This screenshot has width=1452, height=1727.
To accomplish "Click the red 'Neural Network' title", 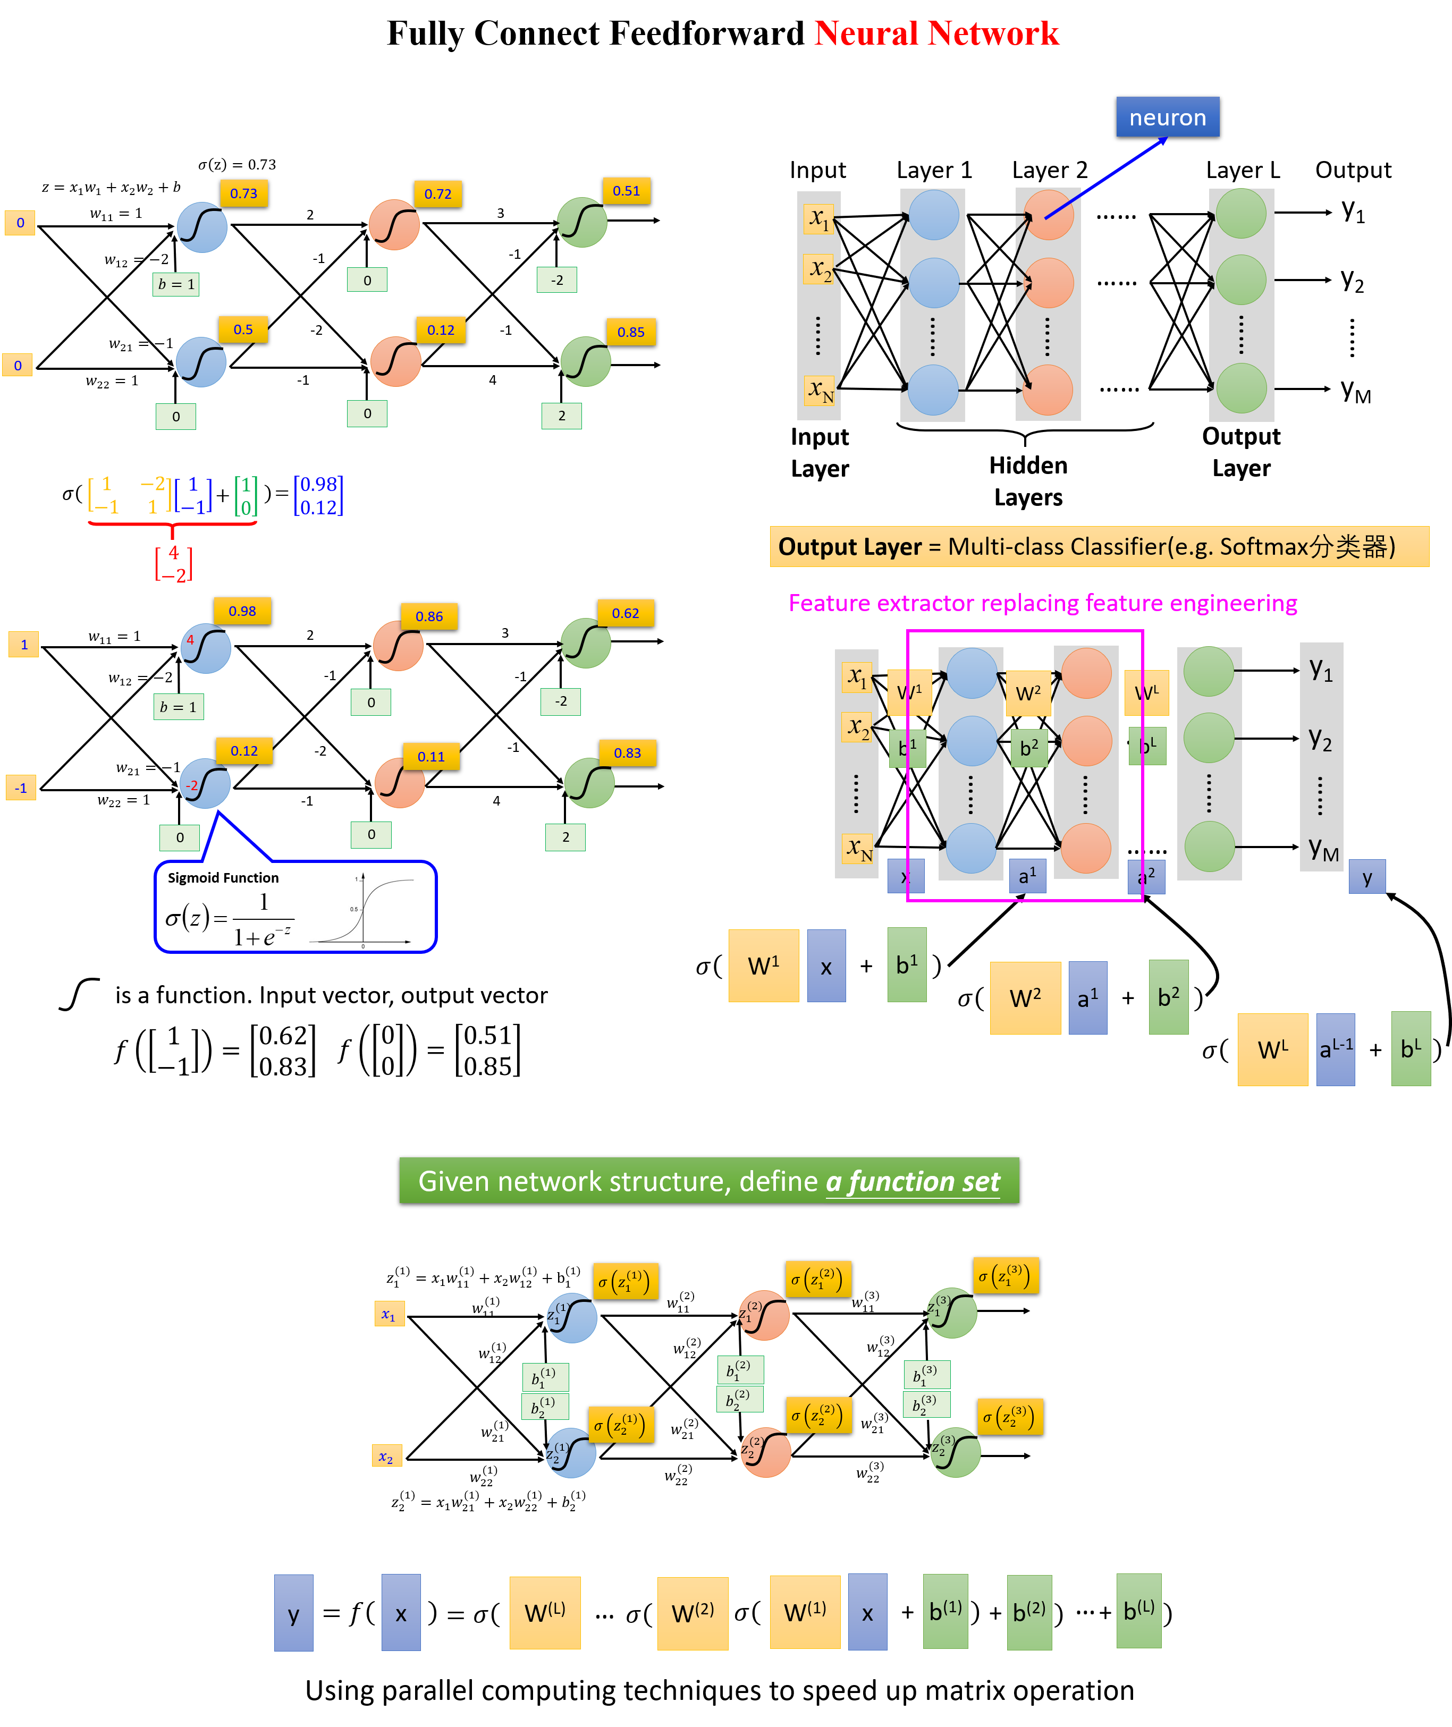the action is pyautogui.click(x=936, y=33).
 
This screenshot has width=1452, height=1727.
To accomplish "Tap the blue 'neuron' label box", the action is pyautogui.click(x=1167, y=117).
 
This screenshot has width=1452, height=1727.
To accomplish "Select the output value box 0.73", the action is pyautogui.click(x=243, y=193).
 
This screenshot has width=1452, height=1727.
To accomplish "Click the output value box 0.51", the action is pyautogui.click(x=627, y=191).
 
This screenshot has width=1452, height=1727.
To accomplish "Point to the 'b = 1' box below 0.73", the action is pyautogui.click(x=176, y=284).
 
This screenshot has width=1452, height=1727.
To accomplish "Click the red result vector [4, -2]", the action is pyautogui.click(x=174, y=564).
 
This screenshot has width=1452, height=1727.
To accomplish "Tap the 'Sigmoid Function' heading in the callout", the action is pyautogui.click(x=223, y=878).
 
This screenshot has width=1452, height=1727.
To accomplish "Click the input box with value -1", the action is pyautogui.click(x=21, y=788).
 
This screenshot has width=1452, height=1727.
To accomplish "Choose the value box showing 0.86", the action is pyautogui.click(x=429, y=616).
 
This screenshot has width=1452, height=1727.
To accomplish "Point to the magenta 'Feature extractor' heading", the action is pyautogui.click(x=1042, y=603).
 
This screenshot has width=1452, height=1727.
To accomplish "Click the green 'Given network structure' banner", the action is pyautogui.click(x=708, y=1181).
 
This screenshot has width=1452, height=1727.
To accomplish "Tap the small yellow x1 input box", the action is pyautogui.click(x=390, y=1314).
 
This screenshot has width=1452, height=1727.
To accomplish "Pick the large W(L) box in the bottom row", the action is pyautogui.click(x=545, y=1613).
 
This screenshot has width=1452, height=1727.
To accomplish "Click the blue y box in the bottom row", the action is pyautogui.click(x=294, y=1613).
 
